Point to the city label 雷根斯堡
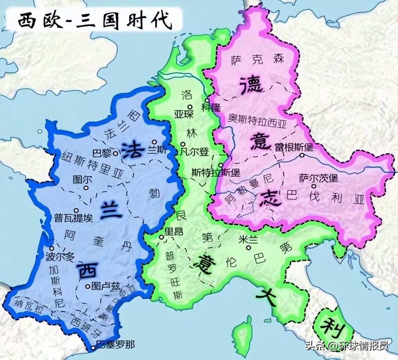click(x=294, y=147)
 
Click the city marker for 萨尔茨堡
click(x=314, y=186)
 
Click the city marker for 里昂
click(x=161, y=237)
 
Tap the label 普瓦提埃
click(x=73, y=218)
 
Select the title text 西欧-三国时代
click(x=95, y=22)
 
